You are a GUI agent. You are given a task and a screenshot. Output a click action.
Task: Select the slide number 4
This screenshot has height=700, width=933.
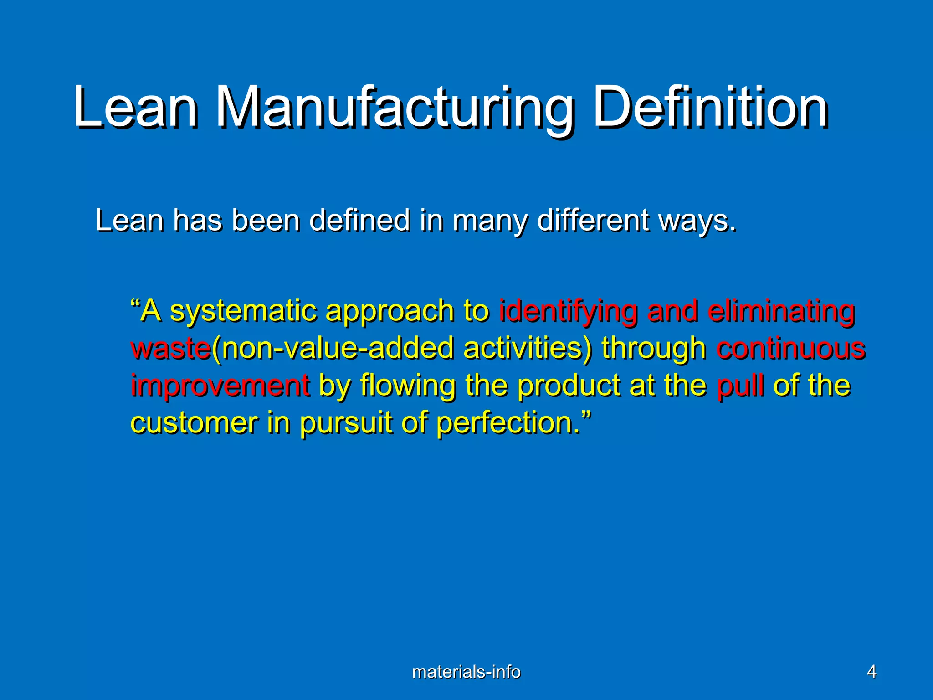(x=871, y=672)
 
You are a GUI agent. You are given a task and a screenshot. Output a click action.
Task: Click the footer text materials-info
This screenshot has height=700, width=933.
(x=466, y=672)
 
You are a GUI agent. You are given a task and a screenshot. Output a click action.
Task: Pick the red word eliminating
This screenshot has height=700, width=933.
(x=781, y=312)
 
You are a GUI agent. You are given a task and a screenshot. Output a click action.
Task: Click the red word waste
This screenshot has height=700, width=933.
(x=171, y=349)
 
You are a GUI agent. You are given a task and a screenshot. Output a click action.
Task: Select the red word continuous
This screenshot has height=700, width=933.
(x=790, y=349)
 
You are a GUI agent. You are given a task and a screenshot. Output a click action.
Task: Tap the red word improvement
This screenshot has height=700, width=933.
(x=220, y=386)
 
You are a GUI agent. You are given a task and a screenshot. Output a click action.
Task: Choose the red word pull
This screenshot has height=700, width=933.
(x=740, y=386)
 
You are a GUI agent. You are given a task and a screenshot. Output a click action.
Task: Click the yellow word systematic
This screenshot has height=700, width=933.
(x=243, y=312)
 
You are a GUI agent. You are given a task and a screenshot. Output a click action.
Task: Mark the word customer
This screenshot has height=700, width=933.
(x=194, y=423)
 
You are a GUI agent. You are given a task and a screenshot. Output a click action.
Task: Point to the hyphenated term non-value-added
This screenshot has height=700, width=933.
(x=337, y=349)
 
